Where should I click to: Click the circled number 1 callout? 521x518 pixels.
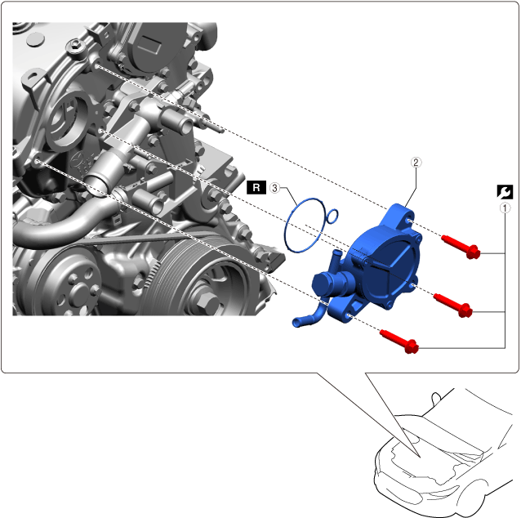pos(505,208)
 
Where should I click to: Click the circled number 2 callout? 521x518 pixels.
pos(416,163)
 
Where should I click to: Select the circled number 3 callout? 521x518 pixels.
pos(274,188)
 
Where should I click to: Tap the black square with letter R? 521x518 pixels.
pos(256,188)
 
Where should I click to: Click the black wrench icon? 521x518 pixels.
pos(505,192)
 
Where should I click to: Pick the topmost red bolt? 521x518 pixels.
pos(461,247)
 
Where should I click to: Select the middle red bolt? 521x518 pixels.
pos(453,305)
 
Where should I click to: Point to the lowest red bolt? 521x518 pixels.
pos(399,342)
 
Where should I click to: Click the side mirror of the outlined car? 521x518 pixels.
pos(436,398)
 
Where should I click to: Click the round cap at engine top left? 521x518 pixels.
pos(35,39)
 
